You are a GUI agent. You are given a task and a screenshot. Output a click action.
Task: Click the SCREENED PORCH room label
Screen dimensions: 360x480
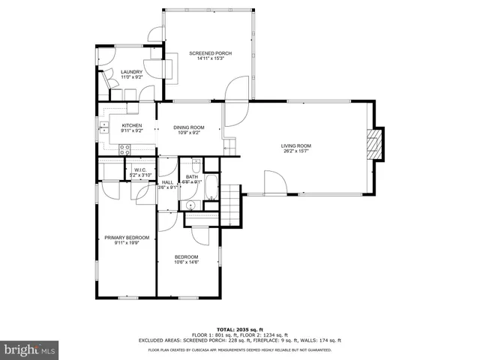[x=210, y=53]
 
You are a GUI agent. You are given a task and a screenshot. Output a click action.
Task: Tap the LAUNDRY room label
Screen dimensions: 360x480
[x=131, y=72]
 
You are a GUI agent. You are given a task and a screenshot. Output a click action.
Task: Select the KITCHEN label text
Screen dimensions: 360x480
[x=132, y=125]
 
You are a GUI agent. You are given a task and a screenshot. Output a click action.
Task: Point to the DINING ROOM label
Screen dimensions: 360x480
[x=188, y=127]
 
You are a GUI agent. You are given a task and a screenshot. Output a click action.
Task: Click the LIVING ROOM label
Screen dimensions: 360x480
[x=296, y=145]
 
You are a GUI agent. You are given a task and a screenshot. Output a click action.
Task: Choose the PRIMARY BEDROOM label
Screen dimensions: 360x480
[x=126, y=238]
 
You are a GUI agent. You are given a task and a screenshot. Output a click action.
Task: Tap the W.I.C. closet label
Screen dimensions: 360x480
[x=139, y=170]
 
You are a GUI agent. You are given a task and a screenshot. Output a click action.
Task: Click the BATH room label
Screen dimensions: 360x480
[x=192, y=176]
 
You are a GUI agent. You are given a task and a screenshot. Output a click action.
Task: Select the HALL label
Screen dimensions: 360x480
[x=167, y=182]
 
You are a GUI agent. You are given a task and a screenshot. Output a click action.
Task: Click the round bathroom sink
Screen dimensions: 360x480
[x=191, y=203]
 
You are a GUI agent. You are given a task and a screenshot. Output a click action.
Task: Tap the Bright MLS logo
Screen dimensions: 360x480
[x=29, y=349]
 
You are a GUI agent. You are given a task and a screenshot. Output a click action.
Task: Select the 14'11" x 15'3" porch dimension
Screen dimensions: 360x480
[x=210, y=59]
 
